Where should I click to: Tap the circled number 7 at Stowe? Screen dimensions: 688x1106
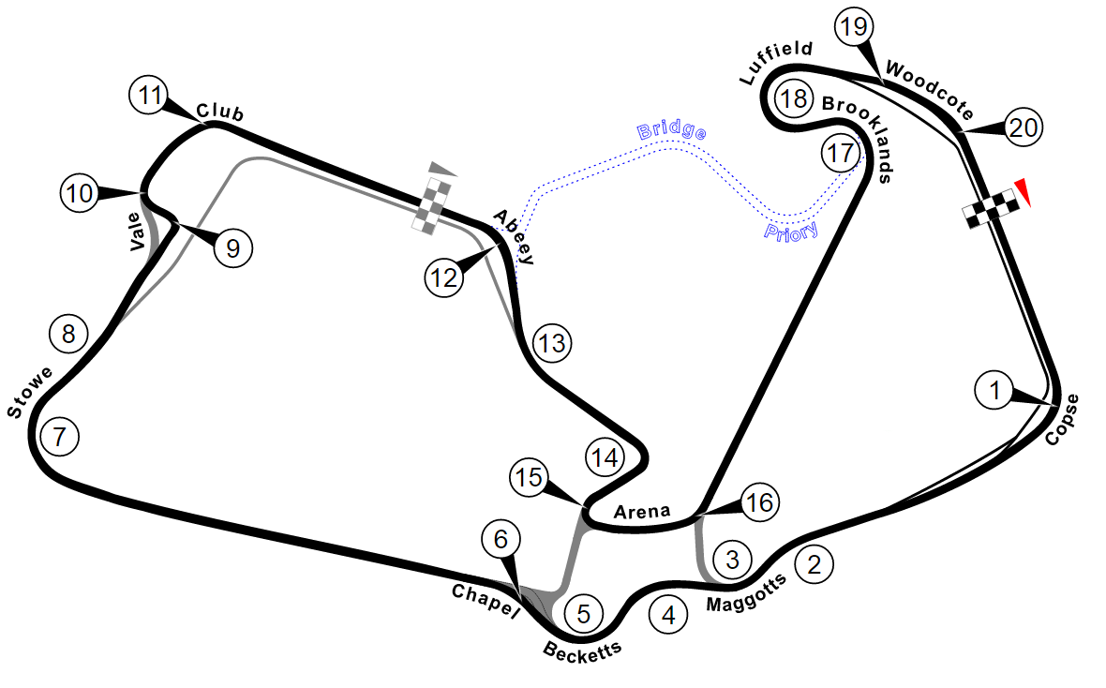point(60,436)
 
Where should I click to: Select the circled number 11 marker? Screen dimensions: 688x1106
point(149,96)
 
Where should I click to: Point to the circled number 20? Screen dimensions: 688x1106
point(1023,127)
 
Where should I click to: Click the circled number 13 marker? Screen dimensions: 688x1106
point(551,344)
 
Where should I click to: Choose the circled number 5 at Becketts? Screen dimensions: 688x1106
point(583,614)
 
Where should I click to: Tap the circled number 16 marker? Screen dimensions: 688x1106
point(758,503)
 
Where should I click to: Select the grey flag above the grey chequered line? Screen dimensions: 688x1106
point(443,170)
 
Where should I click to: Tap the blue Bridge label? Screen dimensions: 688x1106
point(671,130)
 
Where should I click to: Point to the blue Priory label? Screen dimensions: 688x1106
point(791,230)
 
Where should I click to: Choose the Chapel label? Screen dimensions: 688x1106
point(485,601)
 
